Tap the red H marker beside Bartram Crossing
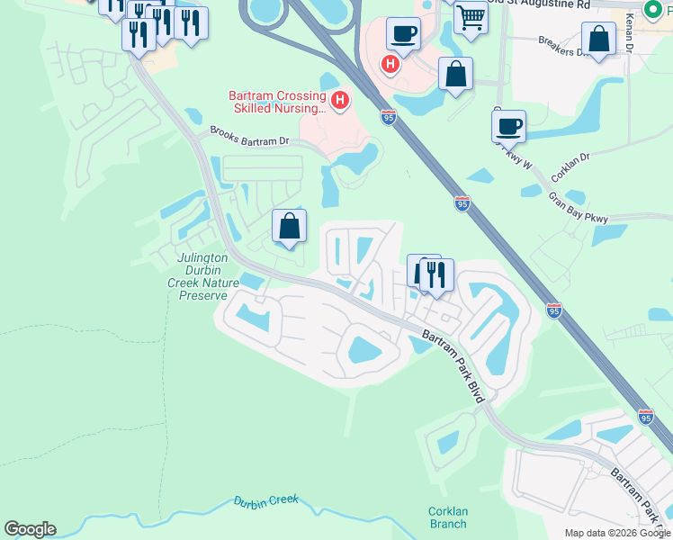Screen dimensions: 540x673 click(x=340, y=100)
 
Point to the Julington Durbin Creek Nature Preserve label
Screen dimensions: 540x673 click(x=208, y=276)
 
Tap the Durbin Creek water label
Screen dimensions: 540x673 click(x=265, y=504)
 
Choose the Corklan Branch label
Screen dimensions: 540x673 click(x=447, y=517)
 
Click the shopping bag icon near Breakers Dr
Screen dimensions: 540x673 click(x=598, y=40)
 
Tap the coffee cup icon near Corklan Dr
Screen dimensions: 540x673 click(x=508, y=126)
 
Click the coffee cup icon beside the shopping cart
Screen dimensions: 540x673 click(x=403, y=34)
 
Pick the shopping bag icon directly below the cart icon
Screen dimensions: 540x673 click(x=456, y=75)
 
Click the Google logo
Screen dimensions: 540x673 click(x=31, y=529)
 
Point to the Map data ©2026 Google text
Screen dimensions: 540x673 click(x=617, y=533)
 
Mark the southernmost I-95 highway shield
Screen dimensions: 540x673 click(x=646, y=417)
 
